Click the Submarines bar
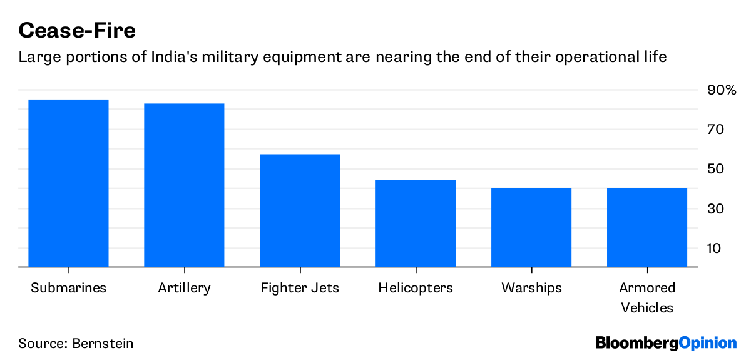pos(68,183)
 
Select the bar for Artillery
pos(184,185)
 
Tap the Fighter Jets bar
pos(300,210)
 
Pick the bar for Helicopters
pos(416,223)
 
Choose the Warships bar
pos(531,227)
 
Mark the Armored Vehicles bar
pos(647,227)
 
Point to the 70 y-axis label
pos(715,130)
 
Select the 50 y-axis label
pos(715,169)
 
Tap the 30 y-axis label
pos(715,208)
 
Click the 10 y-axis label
pos(715,248)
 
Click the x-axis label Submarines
pos(68,288)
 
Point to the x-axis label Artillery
pos(184,288)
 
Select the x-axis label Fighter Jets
pos(300,288)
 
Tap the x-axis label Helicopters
pos(416,288)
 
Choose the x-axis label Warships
pos(531,288)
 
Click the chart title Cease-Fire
pos(77,29)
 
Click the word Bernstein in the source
pos(103,344)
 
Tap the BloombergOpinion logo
pos(666,343)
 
